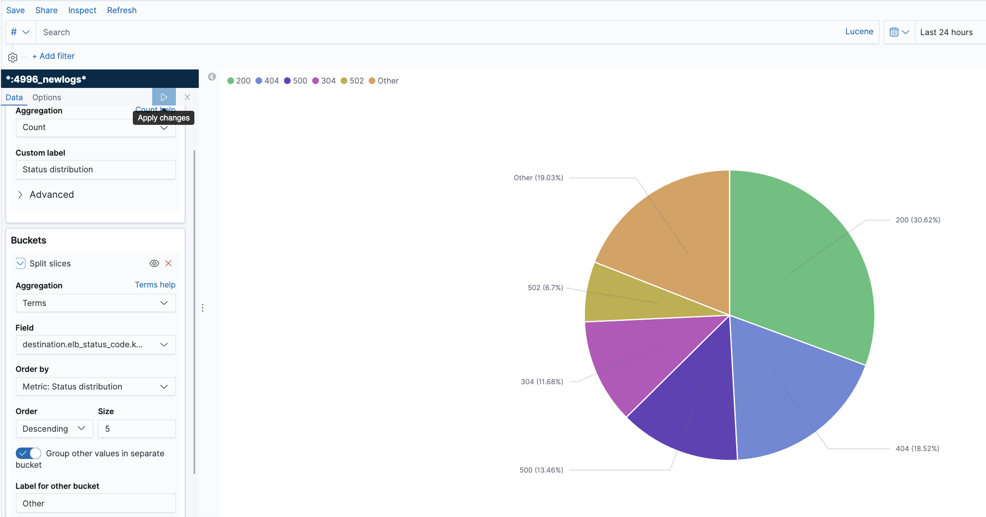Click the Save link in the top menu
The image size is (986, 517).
[15, 10]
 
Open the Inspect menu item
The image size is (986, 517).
[82, 10]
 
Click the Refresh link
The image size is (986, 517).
[122, 10]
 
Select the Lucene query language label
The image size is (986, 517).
[859, 32]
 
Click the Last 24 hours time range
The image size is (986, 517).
[946, 32]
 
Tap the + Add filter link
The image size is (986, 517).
[53, 56]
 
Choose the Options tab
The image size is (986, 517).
[47, 97]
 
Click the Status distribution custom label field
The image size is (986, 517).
[95, 170]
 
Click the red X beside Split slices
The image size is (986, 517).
[168, 263]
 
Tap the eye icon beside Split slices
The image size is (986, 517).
[154, 263]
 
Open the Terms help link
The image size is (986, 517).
[155, 285]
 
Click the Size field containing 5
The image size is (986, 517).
[137, 429]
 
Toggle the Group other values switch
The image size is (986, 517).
[29, 453]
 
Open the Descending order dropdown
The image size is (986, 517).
[54, 429]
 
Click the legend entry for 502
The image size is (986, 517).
[352, 81]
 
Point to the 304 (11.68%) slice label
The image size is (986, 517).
[542, 382]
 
